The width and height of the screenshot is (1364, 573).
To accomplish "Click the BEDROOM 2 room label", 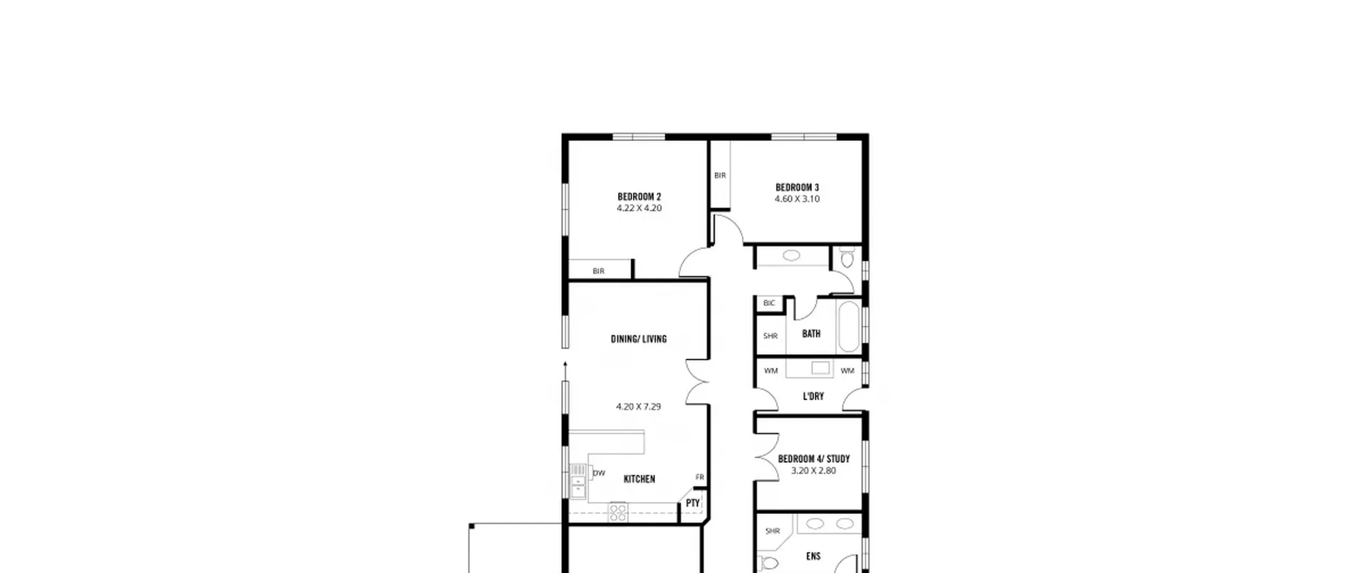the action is pos(639,197).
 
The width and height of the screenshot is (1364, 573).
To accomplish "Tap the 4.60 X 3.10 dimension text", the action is pos(797,199).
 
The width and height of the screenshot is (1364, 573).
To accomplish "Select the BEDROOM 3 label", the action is pos(797,188).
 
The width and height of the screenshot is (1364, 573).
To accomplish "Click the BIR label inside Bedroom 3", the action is pos(720,175).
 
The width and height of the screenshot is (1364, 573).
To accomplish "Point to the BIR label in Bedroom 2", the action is pos(598,271).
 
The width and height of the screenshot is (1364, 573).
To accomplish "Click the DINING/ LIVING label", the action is pos(638,339).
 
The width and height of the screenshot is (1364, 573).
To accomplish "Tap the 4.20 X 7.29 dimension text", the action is pos(638,407).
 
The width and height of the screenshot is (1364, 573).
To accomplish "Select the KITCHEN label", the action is pos(639,479).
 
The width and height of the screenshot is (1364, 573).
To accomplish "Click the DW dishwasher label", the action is pos(599,473).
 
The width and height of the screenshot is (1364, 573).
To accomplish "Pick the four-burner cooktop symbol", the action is pos(618,513).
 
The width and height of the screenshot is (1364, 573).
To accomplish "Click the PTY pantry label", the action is pos(693,503).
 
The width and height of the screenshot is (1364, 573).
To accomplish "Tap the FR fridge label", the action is pos(700,477).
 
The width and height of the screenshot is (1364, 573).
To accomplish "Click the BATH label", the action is pos(811,334).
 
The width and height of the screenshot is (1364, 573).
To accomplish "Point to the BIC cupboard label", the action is pos(769,303).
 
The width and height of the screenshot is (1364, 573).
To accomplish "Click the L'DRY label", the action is pos(813,397).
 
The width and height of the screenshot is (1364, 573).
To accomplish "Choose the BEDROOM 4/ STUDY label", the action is pos(814,459).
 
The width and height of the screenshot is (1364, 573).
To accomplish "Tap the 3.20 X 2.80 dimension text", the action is pos(813,471).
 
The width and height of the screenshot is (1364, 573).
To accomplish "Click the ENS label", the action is pos(813,556).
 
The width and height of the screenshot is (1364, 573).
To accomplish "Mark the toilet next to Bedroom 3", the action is pos(847,257).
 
